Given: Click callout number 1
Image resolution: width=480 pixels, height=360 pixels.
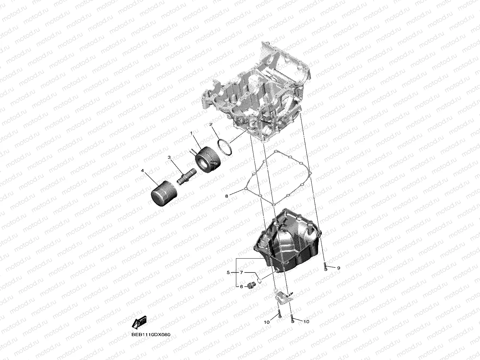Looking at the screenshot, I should point(191,134).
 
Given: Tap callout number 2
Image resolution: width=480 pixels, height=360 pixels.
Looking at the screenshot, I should point(211,124).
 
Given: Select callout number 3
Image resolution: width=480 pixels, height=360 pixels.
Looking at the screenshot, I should point(169,158).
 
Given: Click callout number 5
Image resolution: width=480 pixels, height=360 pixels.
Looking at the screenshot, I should point(228,272).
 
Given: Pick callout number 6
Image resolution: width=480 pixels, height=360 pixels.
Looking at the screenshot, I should point(241,287).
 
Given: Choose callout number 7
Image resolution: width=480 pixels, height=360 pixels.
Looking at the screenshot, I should point(241,272).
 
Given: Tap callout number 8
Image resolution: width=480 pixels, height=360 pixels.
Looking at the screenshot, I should point(227,196).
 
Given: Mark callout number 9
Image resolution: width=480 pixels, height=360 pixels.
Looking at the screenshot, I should point(338,268).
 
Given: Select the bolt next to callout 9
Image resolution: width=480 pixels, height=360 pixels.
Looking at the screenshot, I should point(325,267).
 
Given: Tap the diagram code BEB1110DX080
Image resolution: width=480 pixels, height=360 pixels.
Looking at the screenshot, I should point(151,335).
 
